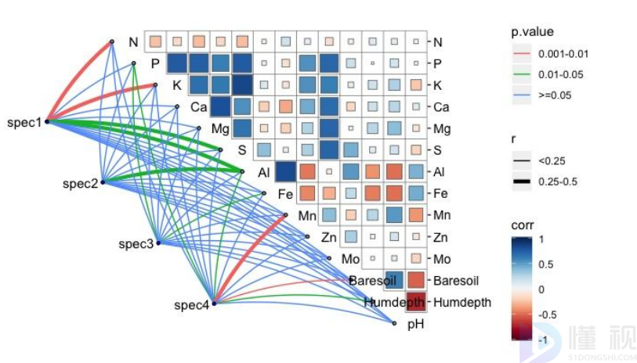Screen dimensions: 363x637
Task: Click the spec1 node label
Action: pyautogui.click(x=24, y=122)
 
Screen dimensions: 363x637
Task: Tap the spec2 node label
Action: pyautogui.click(x=80, y=183)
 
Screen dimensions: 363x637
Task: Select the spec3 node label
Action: pyautogui.click(x=136, y=244)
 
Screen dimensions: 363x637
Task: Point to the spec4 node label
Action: pyautogui.click(x=191, y=305)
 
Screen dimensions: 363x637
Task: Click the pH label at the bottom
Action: pyautogui.click(x=415, y=323)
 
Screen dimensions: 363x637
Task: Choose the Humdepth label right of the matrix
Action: pyautogui.click(x=461, y=302)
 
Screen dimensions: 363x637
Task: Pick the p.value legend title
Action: pyautogui.click(x=533, y=32)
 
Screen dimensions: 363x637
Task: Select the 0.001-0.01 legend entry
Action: pyautogui.click(x=563, y=54)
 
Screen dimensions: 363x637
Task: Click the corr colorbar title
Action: pyautogui.click(x=523, y=225)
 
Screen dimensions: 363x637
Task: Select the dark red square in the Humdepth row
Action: pyautogui.click(x=415, y=301)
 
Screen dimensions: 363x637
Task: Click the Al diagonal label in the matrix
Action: pyautogui.click(x=264, y=172)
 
